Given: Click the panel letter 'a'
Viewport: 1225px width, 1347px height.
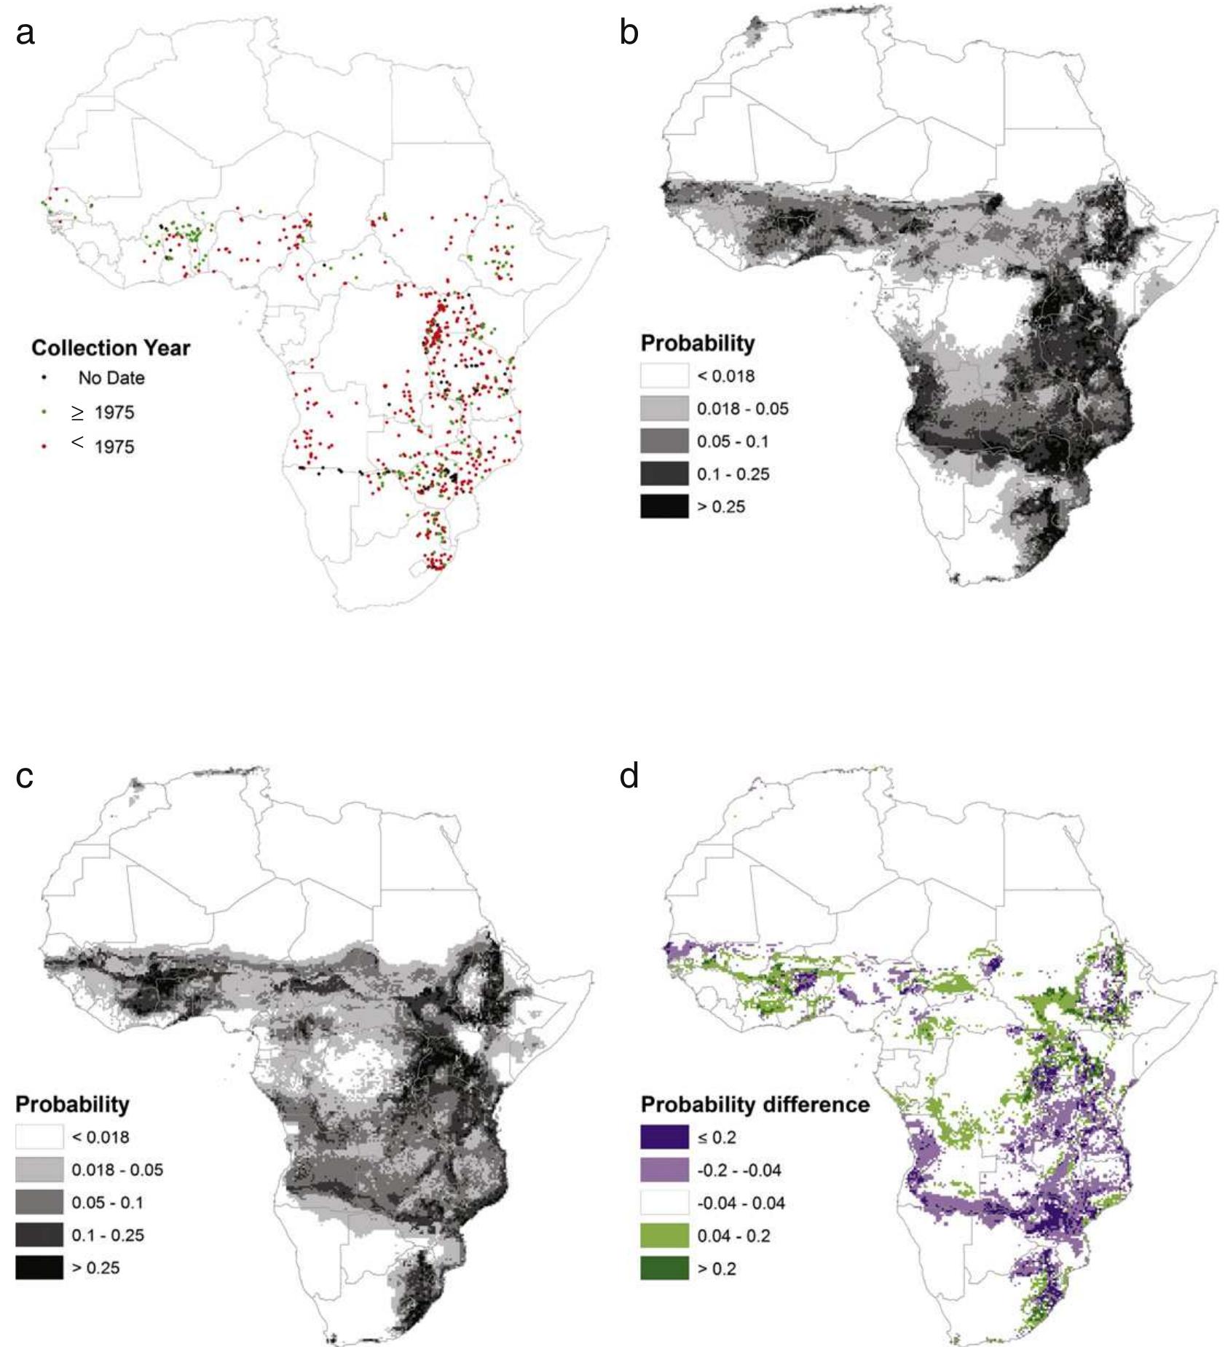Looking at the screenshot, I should [x=25, y=34].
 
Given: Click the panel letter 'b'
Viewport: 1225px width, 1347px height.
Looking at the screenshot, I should [x=629, y=34].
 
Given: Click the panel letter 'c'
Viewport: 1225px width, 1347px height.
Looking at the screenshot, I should [x=25, y=777].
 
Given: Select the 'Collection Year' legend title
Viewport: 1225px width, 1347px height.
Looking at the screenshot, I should [x=111, y=348].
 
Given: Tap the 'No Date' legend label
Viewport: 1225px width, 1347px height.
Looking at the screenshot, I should [x=111, y=378].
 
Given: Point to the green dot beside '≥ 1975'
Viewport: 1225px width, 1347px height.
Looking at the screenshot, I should [x=44, y=412].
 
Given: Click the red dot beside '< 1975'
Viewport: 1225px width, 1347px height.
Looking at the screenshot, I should [x=44, y=446].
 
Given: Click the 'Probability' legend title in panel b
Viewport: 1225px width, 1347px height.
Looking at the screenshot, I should [x=697, y=343].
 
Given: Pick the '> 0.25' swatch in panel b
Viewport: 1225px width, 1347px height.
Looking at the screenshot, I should [x=664, y=506].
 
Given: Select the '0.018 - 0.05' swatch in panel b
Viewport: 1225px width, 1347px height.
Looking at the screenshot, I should [x=664, y=409].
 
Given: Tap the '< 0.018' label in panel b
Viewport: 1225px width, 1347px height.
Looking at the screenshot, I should [x=725, y=376].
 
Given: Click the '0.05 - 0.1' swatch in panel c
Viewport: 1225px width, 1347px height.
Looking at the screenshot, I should [x=39, y=1202].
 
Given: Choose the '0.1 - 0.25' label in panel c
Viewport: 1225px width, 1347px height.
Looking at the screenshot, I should [x=108, y=1235].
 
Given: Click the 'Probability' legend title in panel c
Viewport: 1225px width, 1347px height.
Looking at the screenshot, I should [x=72, y=1104].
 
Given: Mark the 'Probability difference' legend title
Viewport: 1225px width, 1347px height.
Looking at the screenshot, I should [x=755, y=1104].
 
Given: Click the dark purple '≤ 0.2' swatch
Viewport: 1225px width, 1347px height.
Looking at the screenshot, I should [x=664, y=1137].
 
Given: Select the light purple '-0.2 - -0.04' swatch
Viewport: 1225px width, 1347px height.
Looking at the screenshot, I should [x=664, y=1170].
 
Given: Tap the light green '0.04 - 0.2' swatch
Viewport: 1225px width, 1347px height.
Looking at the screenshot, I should [x=664, y=1236].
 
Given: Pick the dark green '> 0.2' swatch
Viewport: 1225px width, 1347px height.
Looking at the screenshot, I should [x=664, y=1268].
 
